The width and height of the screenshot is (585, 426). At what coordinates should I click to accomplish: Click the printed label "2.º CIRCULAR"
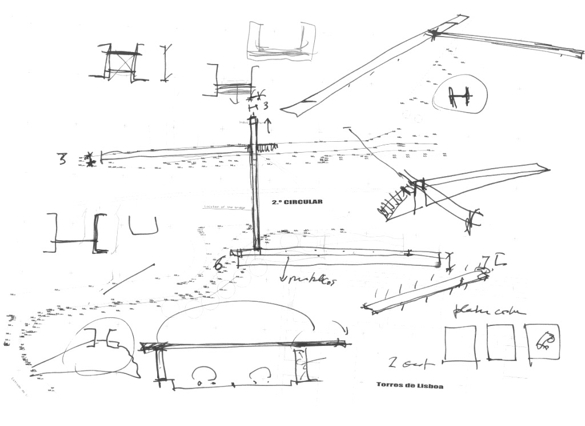click(x=297, y=202)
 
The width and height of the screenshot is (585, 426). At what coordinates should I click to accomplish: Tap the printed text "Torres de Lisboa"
click(x=410, y=385)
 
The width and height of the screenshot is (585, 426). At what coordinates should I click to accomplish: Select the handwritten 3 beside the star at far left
click(x=62, y=158)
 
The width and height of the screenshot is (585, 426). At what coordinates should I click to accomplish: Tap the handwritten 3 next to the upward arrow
click(x=265, y=106)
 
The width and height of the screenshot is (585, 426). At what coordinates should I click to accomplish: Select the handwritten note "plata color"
click(x=488, y=310)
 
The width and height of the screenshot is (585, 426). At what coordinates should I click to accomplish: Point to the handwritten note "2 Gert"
click(x=410, y=363)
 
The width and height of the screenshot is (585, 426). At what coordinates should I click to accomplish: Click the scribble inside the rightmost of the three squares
click(x=544, y=341)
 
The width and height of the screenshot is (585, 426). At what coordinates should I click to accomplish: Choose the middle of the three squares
click(x=501, y=343)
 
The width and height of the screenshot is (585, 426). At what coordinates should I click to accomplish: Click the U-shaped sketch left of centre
click(x=143, y=226)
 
